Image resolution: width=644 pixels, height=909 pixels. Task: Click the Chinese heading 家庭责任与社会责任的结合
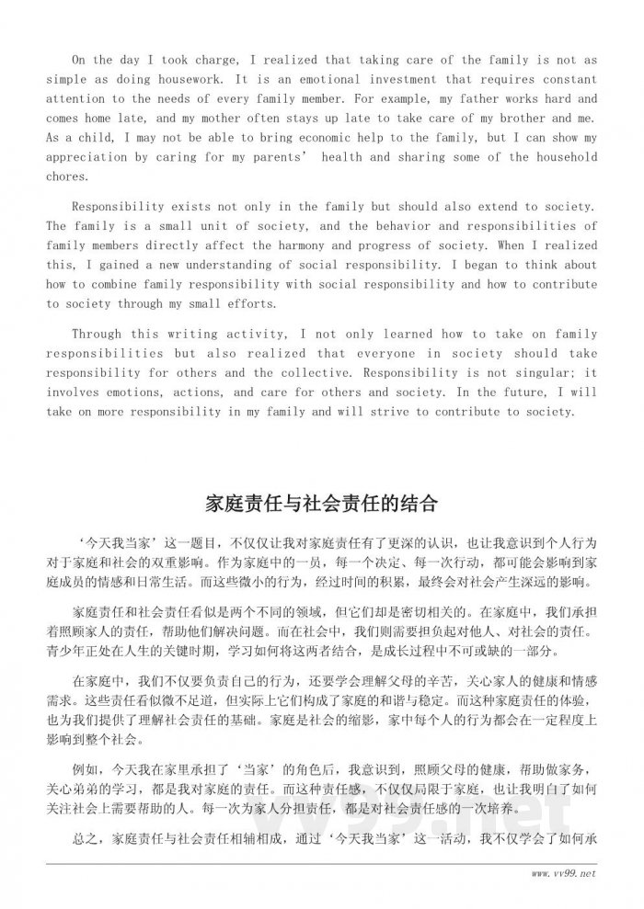click(x=321, y=505)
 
